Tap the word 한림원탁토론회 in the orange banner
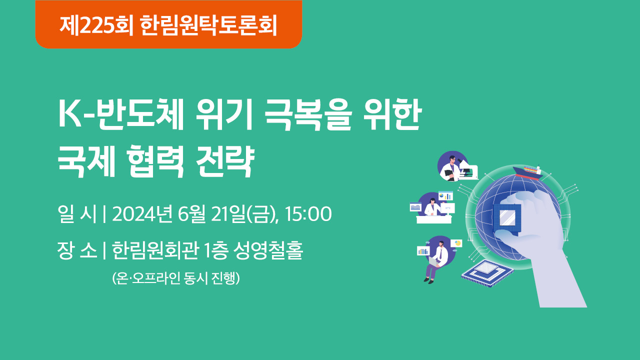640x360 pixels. pyautogui.click(x=209, y=25)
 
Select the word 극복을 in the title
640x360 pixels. pyautogui.click(x=308, y=114)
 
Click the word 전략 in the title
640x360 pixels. pyautogui.click(x=225, y=161)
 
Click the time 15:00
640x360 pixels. pyautogui.click(x=308, y=214)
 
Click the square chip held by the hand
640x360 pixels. pyautogui.click(x=507, y=218)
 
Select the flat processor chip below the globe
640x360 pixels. pyautogui.click(x=487, y=273)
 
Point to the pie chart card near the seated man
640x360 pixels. pyautogui.click(x=456, y=243)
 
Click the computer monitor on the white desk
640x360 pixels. pyautogui.click(x=447, y=208)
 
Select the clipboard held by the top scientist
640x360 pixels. pyautogui.click(x=449, y=173)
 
